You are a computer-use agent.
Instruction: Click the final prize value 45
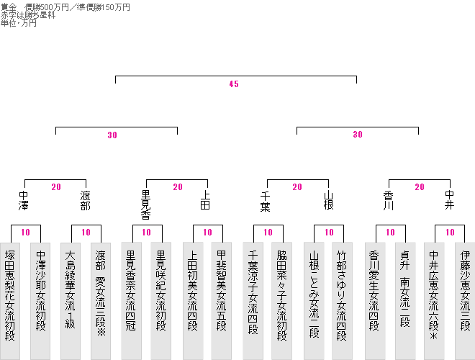click(x=233, y=84)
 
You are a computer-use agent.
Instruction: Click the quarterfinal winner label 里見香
click(x=146, y=204)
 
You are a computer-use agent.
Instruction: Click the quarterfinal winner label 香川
click(x=389, y=200)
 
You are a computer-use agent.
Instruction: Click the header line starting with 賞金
click(x=65, y=7)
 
